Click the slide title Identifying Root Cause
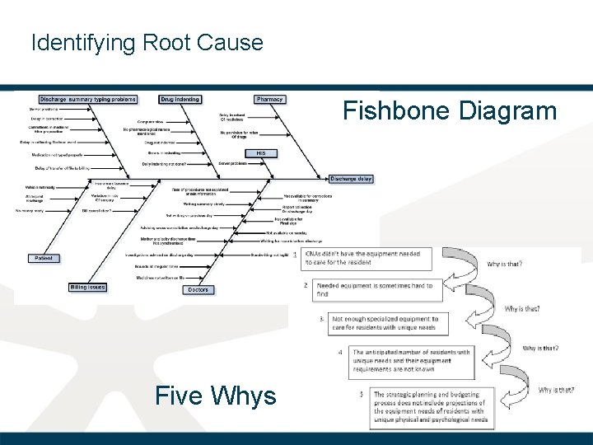[x=147, y=42]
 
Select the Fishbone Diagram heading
[x=450, y=110]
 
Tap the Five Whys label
[x=215, y=396]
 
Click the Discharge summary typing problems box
[x=88, y=100]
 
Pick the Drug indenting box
[x=180, y=100]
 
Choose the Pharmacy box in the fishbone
[x=269, y=100]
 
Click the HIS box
[x=260, y=153]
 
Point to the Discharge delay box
[x=351, y=178]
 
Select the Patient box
[x=43, y=258]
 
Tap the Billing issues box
[x=87, y=287]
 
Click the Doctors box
[x=198, y=289]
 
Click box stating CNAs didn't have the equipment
[x=362, y=257]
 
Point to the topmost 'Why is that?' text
[x=504, y=264]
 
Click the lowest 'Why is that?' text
[x=556, y=390]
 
